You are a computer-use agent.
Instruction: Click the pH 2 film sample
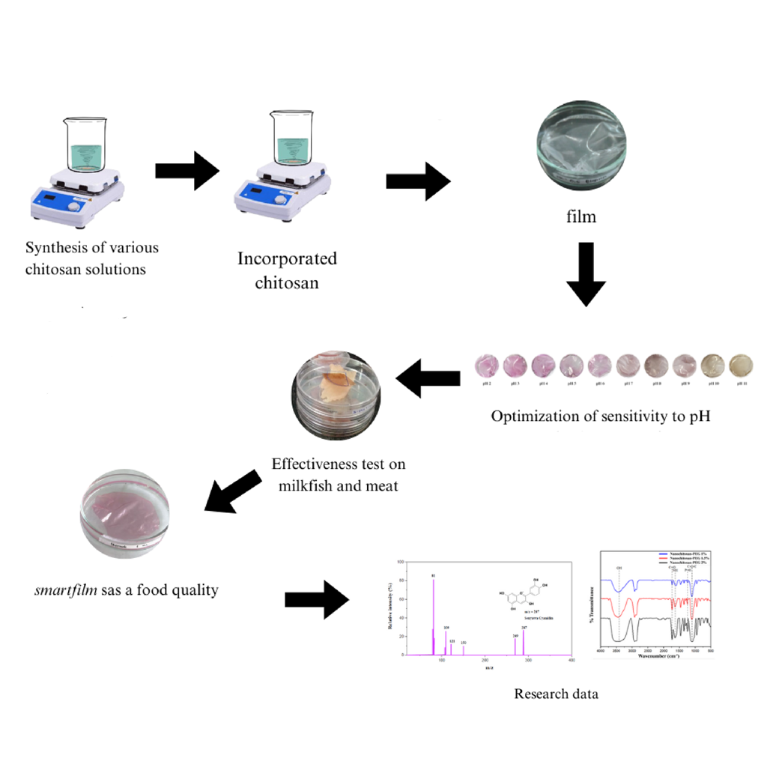pos(488,366)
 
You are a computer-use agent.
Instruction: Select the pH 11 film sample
pos(741,366)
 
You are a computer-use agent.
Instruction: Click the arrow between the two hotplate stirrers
pos(187,172)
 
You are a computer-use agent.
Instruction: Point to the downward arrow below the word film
pos(586,275)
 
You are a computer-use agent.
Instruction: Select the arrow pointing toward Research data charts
pos(318,598)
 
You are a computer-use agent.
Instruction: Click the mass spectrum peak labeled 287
pos(524,640)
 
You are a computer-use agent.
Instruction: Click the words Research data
pos(556,694)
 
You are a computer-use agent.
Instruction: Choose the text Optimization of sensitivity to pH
pos(600,416)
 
